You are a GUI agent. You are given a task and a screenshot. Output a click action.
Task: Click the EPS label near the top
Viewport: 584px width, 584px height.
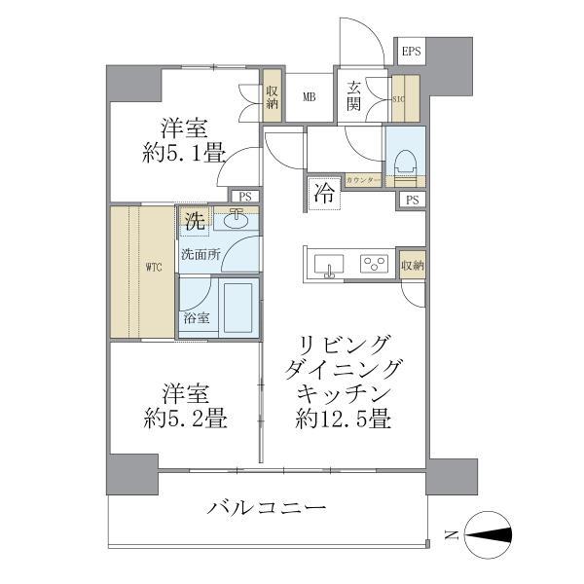[x=410, y=52]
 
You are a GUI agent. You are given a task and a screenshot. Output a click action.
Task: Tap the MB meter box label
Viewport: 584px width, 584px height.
[x=309, y=95]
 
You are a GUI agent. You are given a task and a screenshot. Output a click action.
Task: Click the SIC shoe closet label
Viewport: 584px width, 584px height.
[x=397, y=98]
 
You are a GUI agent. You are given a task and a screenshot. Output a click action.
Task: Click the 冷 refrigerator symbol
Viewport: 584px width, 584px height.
[x=324, y=192]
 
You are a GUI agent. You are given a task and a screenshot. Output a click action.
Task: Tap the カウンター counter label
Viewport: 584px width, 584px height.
[x=363, y=181]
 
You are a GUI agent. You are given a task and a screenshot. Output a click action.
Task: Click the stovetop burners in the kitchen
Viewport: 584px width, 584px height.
[x=375, y=263]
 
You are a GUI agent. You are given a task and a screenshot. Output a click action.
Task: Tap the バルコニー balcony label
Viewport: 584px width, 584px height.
[x=266, y=508]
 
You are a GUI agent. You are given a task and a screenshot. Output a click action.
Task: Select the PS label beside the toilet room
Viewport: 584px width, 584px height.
[x=413, y=200]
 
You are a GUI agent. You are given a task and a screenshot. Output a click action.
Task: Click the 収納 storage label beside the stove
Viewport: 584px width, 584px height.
[x=413, y=265]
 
